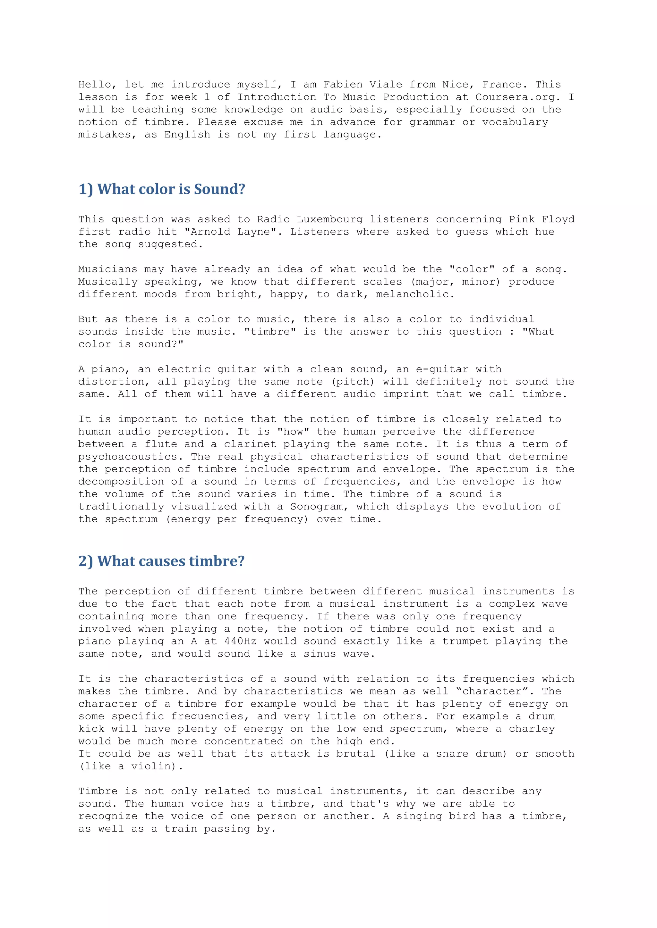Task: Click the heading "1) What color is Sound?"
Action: coord(162,189)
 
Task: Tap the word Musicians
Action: coord(108,269)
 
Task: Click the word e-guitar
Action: coord(442,369)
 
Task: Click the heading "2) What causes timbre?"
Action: coord(161,561)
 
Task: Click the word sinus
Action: coord(320,654)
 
